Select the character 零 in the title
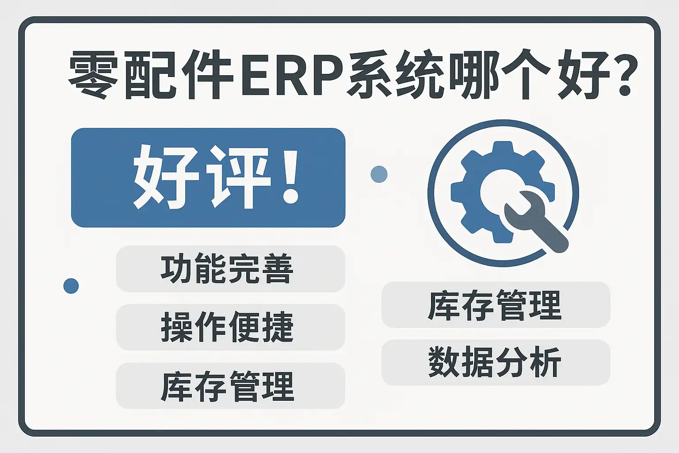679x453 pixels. coord(93,75)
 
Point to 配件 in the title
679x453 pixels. coord(179,75)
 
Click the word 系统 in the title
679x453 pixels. coord(393,75)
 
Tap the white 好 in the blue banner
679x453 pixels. coord(166,177)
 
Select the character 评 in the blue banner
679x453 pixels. coord(238,177)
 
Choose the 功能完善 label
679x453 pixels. coord(227,269)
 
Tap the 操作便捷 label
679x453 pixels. coord(227,327)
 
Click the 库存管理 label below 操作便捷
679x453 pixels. coord(227,386)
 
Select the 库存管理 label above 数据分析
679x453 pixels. coord(495,305)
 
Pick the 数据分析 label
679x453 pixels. coord(495,362)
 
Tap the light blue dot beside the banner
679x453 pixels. coord(379,174)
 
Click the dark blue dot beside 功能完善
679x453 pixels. coord(71,286)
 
